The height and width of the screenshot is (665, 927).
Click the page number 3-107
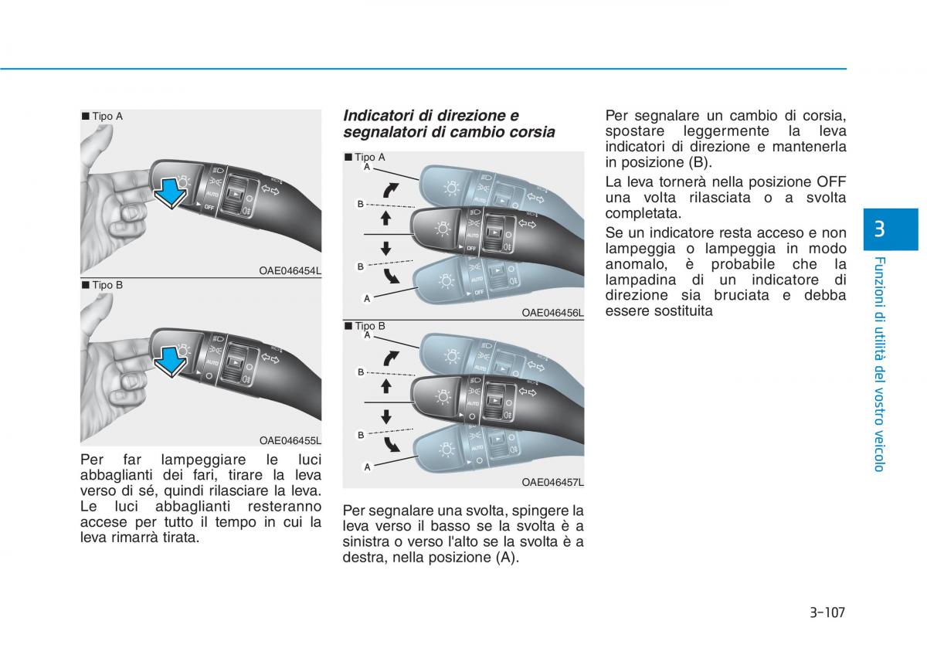point(827,612)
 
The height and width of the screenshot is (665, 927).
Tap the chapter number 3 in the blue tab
point(878,229)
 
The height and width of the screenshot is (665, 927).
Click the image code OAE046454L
point(290,270)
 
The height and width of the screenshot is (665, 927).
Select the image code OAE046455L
point(290,440)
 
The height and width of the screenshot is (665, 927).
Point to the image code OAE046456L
point(552,313)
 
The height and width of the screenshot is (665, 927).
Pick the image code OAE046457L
point(552,483)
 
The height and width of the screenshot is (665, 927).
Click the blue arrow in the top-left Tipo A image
point(171,192)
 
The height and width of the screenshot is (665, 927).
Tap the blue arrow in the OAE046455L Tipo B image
point(171,361)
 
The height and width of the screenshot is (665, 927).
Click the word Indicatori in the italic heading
point(379,115)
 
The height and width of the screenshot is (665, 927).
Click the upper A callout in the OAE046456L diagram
point(367,167)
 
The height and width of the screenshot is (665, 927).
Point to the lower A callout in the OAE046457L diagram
point(367,467)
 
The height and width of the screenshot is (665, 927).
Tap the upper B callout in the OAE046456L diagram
point(361,204)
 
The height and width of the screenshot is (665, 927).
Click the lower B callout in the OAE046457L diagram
point(361,435)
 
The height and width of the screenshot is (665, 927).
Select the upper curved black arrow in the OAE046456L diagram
point(390,190)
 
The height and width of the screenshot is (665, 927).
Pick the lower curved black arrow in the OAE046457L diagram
point(391,444)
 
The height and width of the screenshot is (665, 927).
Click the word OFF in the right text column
point(831,182)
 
